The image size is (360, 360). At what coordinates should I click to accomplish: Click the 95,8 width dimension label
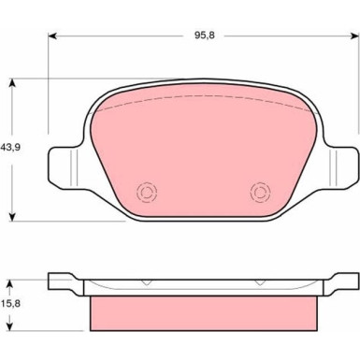click(x=205, y=36)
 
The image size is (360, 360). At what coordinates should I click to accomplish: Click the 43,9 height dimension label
click(x=10, y=147)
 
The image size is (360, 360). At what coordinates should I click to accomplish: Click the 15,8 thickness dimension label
click(x=10, y=303)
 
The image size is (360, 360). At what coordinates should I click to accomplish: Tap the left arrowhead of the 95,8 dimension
click(x=52, y=36)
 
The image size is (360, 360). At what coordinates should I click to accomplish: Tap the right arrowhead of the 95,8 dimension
click(x=355, y=36)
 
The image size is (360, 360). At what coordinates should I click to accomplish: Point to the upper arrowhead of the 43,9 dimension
click(x=12, y=82)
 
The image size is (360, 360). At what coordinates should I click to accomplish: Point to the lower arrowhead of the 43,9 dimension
click(x=12, y=217)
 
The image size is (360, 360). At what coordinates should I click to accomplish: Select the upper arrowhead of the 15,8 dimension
click(x=10, y=283)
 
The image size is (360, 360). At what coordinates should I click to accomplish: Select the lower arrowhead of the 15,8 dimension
click(x=10, y=326)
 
